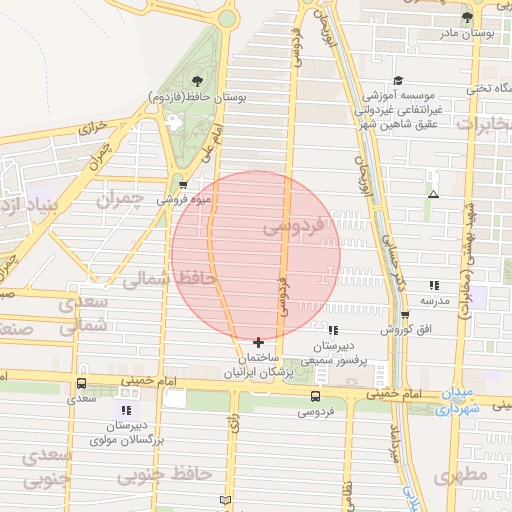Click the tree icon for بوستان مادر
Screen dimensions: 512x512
(467, 18)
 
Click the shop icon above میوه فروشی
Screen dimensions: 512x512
(182, 185)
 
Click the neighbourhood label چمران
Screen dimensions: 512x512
(120, 199)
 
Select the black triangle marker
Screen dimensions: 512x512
(433, 193)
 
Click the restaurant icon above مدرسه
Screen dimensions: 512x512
(433, 285)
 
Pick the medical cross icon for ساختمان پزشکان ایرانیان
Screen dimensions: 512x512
(259, 342)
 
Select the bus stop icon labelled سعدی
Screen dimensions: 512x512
(81, 383)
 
